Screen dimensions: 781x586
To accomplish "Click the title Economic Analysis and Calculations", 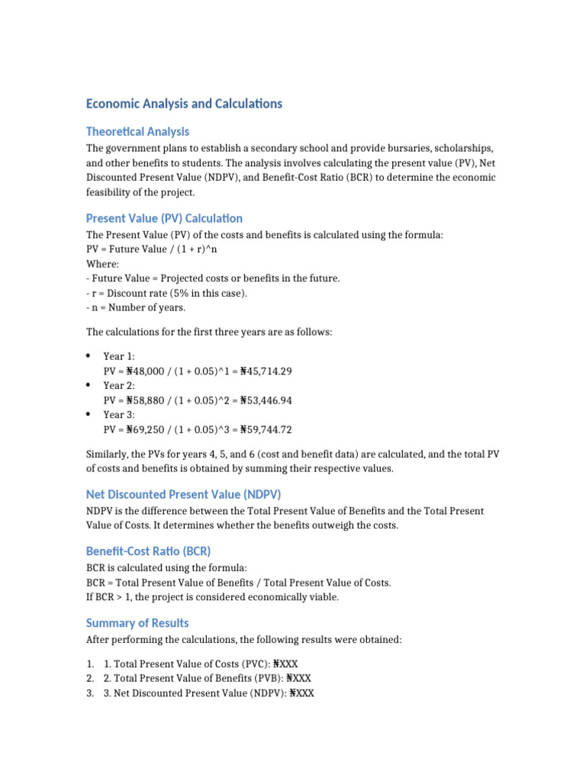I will [184, 104].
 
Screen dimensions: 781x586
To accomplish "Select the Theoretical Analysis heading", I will [137, 131].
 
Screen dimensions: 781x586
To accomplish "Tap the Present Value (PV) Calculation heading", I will [164, 218].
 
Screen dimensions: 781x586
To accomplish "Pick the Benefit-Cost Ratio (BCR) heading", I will [148, 551].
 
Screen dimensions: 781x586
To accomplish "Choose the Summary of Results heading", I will [137, 622].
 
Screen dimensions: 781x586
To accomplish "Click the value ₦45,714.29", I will [266, 371].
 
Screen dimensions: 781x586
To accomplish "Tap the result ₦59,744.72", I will [266, 429].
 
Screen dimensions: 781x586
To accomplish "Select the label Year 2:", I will [119, 386].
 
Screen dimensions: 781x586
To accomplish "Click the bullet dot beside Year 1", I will [89, 356].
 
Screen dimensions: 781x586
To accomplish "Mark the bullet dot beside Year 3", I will [89, 414].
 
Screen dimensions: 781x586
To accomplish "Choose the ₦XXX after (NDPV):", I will [301, 693].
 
